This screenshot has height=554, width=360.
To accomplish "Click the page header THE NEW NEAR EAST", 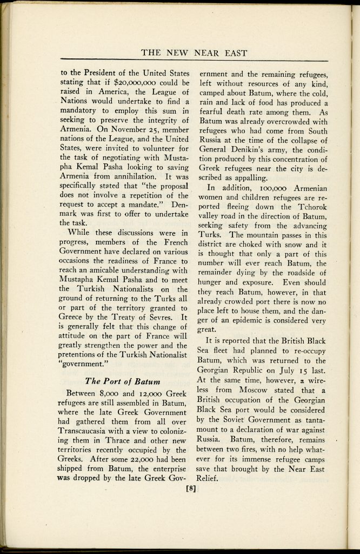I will [x=194, y=53].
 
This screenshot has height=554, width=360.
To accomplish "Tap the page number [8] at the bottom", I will [x=190, y=489].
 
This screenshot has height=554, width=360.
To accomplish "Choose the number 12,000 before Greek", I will [x=139, y=392].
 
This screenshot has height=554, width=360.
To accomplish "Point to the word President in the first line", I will [x=97, y=74].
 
